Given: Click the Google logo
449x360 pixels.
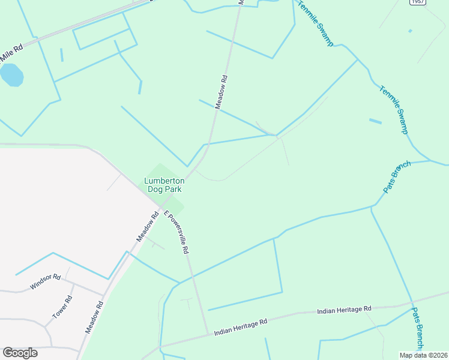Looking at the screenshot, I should pyautogui.click(x=20, y=353).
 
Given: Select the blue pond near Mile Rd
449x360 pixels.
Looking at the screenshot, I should pyautogui.click(x=11, y=76).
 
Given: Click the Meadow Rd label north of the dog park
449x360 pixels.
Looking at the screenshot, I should pyautogui.click(x=222, y=91).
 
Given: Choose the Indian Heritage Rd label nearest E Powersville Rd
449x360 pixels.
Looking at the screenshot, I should pyautogui.click(x=240, y=327).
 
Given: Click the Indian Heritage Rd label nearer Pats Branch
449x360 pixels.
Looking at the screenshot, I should pyautogui.click(x=344, y=310).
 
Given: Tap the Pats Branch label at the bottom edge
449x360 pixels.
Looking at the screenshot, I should pyautogui.click(x=418, y=329).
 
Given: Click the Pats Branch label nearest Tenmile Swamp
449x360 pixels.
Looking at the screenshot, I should pyautogui.click(x=397, y=176).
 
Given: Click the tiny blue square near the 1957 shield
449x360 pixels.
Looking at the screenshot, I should pyautogui.click(x=410, y=31).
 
